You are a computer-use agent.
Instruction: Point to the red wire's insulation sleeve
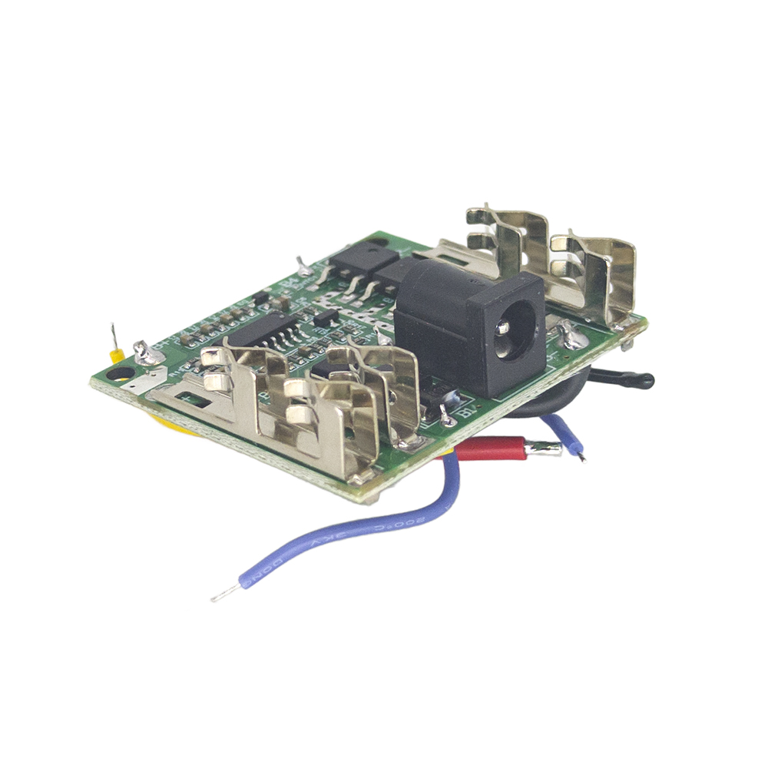coord(492,449)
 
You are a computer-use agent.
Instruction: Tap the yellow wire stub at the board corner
coord(117,355)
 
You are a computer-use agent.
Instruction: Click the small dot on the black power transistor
coord(374,244)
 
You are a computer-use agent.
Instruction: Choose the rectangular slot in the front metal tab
coord(192,400)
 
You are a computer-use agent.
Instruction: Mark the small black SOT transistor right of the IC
coord(326,316)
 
